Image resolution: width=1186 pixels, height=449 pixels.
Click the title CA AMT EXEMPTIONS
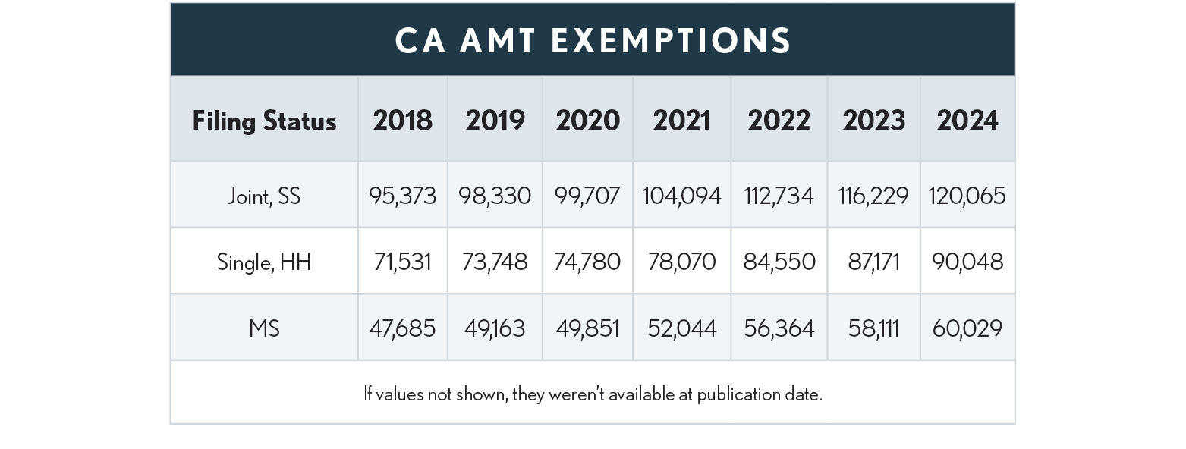point(593,40)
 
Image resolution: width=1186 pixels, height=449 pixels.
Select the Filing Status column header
point(264,121)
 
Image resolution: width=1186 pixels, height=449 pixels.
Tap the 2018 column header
point(402,121)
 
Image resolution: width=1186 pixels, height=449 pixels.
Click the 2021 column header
point(681,121)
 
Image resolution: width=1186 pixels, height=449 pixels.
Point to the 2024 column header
point(967,121)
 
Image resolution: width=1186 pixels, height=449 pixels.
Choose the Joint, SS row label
point(264,196)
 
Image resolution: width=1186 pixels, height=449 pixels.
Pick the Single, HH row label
point(264,262)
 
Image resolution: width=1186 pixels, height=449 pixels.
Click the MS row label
point(264,328)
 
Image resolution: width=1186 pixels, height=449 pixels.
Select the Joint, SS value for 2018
point(402,196)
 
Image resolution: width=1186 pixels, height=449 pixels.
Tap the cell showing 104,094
point(681,196)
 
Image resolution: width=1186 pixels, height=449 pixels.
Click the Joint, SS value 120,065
point(967,196)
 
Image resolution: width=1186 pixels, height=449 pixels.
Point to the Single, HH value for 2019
point(495,262)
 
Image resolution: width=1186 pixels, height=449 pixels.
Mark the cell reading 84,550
point(779,262)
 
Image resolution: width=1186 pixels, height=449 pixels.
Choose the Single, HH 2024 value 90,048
point(967,262)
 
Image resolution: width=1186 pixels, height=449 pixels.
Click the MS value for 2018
point(402,328)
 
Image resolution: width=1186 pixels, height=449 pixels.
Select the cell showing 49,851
point(587,328)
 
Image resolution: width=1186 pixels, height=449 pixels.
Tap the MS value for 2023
point(873,328)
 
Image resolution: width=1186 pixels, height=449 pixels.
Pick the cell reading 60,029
point(967,328)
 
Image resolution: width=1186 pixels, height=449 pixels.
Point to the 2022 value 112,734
point(779,196)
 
